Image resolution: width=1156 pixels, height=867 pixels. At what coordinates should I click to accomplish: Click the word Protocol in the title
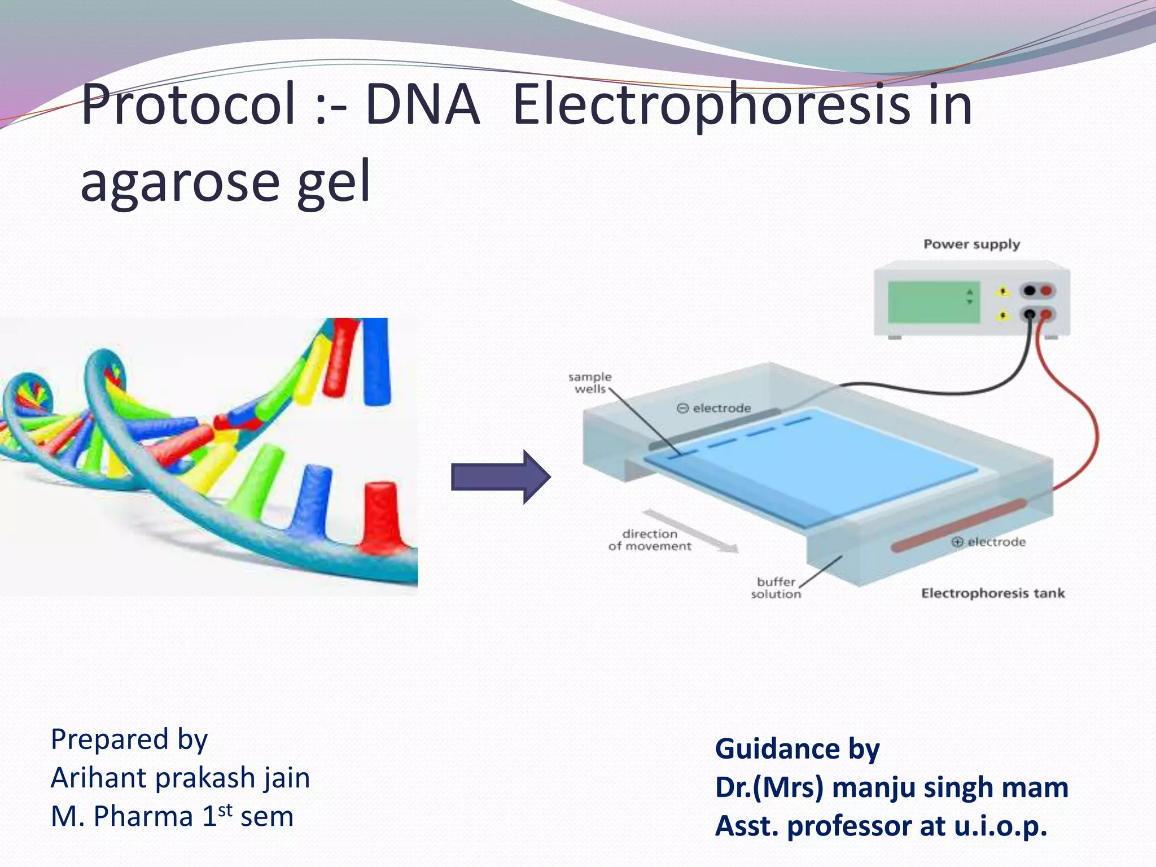point(189,105)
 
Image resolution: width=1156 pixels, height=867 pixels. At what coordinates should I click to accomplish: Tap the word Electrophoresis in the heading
point(711,105)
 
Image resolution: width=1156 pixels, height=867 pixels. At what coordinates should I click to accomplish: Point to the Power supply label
point(971,244)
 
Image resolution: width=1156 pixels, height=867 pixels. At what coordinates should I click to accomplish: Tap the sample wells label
point(590,383)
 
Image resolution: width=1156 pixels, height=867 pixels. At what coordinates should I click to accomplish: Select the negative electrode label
point(714,408)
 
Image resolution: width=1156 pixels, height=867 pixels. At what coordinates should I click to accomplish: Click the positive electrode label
point(988,542)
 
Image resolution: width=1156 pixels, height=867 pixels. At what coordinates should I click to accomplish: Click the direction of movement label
point(650,540)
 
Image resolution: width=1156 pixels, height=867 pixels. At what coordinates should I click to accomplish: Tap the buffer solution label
point(776,588)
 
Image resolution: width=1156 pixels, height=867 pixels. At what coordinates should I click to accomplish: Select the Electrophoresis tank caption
point(993,593)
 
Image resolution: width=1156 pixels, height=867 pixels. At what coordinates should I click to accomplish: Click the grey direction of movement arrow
point(691,531)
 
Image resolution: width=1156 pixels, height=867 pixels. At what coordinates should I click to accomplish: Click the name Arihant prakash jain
point(180,778)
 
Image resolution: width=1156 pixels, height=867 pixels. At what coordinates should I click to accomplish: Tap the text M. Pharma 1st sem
point(172,816)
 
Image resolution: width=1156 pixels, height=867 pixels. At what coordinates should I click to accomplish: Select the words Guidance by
point(797,749)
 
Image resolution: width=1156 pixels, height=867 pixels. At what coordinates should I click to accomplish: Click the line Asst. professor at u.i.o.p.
point(881,826)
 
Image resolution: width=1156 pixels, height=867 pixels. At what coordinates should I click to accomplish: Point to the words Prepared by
point(129,739)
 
